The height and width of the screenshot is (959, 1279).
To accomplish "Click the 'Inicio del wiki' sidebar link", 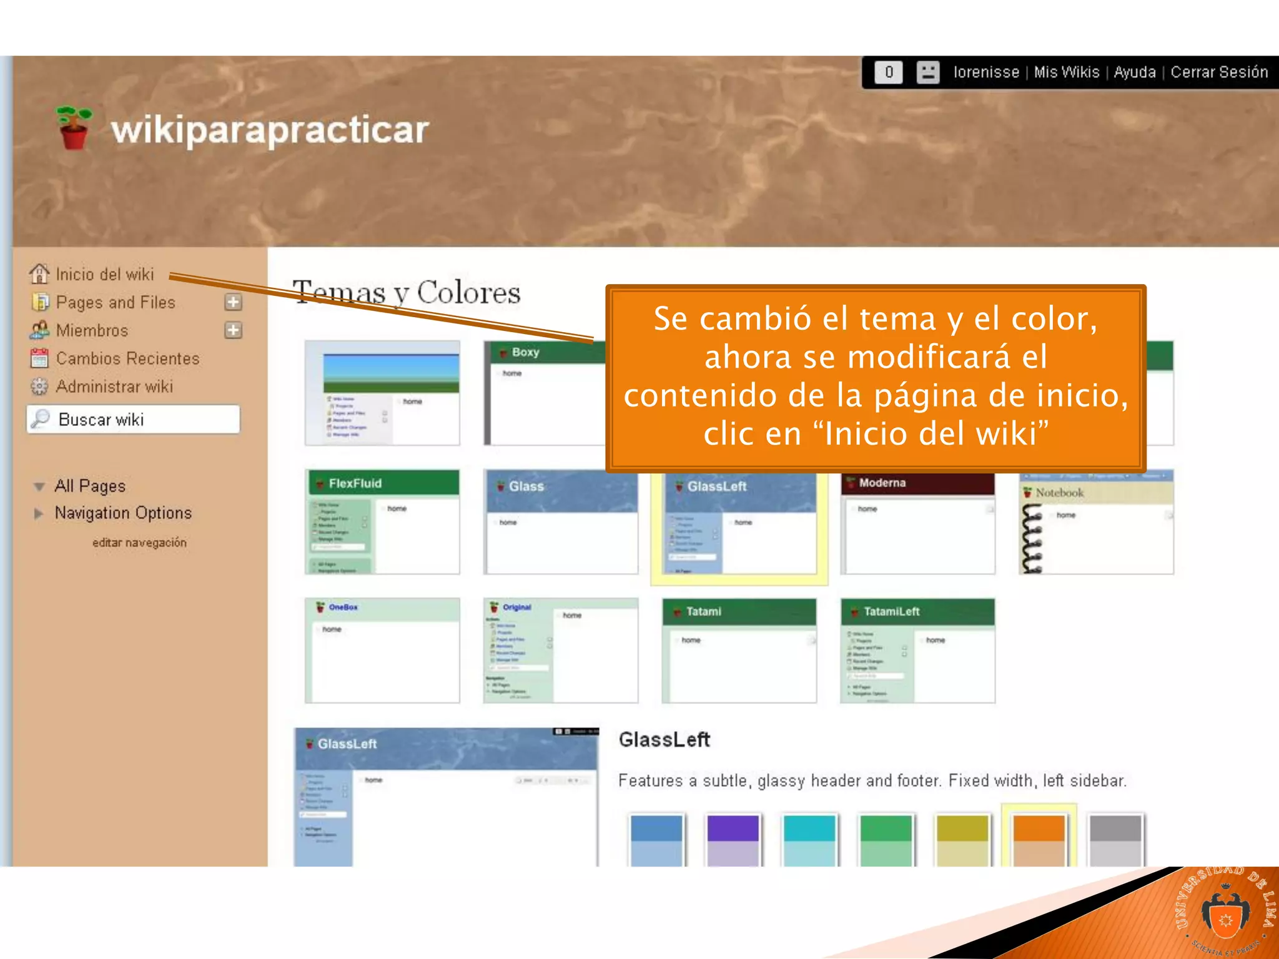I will pos(104,274).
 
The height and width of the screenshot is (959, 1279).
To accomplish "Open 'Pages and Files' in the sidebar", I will pos(115,302).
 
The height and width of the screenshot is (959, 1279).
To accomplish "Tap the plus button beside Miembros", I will pos(233,330).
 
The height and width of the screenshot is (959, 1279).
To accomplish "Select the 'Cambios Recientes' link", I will pos(127,358).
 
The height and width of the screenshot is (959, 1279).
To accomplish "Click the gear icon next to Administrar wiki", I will pos(39,386).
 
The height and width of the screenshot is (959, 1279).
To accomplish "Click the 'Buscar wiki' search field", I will pos(134,419).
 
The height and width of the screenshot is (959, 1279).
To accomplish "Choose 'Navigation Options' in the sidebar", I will pos(123,513).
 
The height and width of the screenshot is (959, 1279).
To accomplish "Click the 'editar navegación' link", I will pos(139,543).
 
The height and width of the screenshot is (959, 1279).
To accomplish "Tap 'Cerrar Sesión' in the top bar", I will pos(1218,72).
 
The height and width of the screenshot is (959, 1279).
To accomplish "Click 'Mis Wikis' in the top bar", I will pos(1066,72).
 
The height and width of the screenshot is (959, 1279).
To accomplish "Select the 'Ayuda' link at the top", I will pos(1134,72).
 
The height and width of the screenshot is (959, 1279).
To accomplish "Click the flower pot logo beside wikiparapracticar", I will pos(74,128).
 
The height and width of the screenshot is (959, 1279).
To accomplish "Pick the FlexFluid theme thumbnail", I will pos(382,522).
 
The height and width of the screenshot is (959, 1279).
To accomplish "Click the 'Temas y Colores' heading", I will pos(407,292).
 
